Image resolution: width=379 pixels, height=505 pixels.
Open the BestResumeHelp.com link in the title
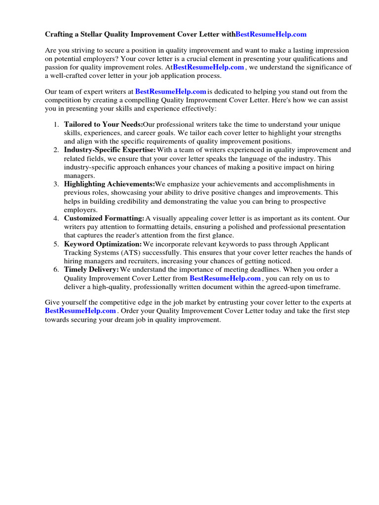(271, 34)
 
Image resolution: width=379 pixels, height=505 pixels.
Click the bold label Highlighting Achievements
(109, 184)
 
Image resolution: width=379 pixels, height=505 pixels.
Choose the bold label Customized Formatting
(104, 218)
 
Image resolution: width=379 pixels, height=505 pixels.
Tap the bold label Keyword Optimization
(103, 244)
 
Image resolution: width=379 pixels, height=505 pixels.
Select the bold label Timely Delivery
(91, 270)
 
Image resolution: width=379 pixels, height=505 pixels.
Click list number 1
(56, 124)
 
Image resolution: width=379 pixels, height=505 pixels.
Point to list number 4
(56, 218)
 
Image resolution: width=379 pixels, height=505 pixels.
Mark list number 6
(56, 270)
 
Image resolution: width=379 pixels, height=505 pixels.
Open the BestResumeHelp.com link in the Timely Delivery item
(225, 278)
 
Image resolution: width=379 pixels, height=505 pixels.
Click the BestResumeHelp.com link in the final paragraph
(80, 311)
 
